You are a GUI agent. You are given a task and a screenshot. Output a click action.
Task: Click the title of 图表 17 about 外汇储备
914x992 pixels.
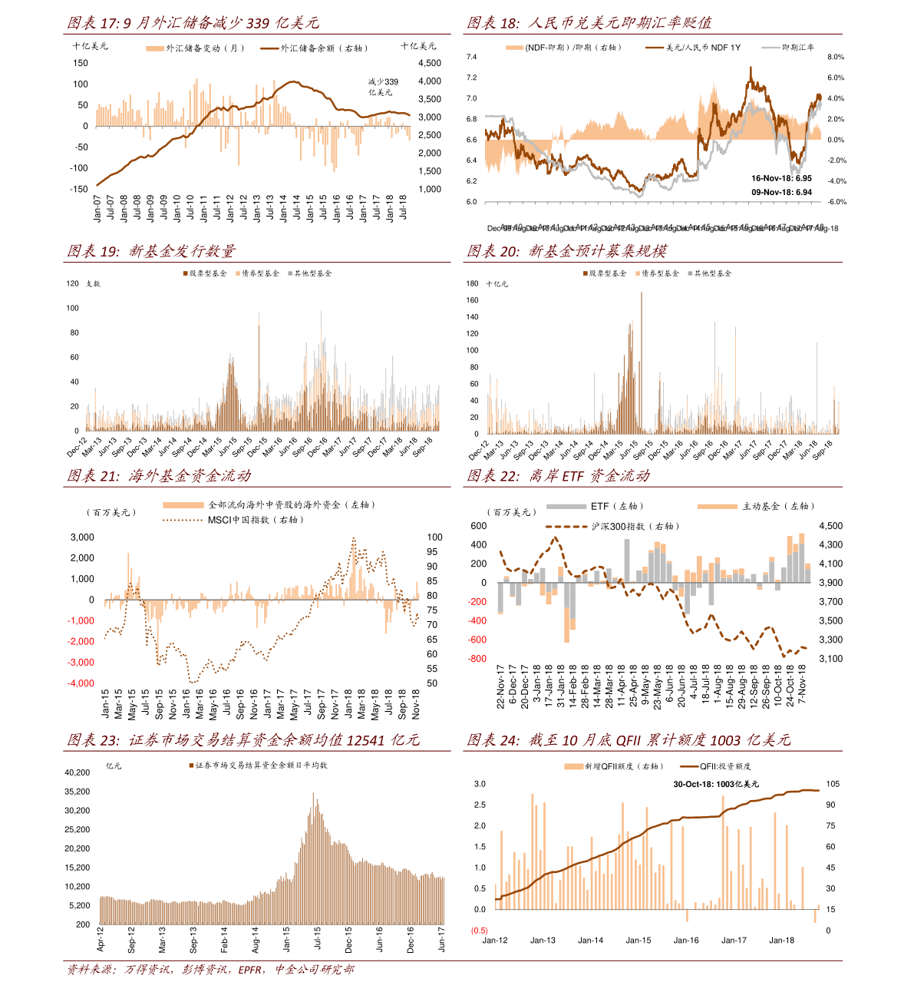coord(193,23)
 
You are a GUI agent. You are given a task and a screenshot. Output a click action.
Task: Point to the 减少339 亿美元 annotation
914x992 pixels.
coord(383,87)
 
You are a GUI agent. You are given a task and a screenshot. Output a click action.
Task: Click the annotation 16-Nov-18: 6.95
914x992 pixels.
coord(781,178)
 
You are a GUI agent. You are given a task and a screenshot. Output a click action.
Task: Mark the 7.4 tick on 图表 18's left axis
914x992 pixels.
coord(472,58)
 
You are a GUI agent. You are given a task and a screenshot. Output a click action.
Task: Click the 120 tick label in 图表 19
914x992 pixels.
coord(73,283)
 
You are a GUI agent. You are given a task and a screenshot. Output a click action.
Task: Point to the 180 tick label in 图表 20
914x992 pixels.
coord(473,283)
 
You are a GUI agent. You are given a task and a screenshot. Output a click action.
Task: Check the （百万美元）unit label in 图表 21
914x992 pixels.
coord(112,512)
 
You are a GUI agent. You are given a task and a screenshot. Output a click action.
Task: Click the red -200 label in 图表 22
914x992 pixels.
coord(477,602)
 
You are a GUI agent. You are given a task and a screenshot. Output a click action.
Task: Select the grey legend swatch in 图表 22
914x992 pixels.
coord(566,506)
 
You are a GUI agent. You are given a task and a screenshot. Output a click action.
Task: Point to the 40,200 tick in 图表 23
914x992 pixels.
coord(78,772)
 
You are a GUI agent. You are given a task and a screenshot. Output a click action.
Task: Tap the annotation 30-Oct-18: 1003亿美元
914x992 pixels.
coord(716,784)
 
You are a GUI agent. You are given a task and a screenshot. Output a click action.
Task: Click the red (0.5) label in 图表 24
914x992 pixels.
coord(480,931)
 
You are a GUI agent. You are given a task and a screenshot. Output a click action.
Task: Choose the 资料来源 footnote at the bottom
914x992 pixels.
coord(211,970)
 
